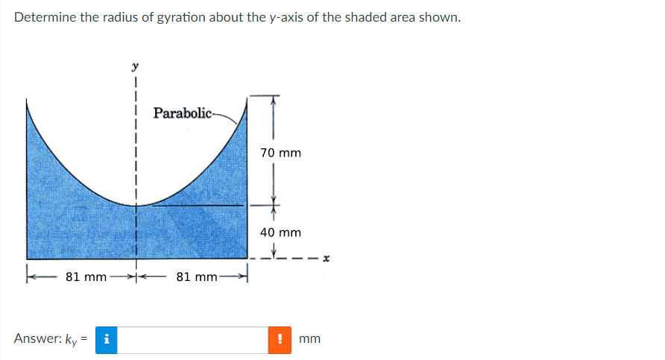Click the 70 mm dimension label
pos(280,153)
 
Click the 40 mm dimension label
pos(280,233)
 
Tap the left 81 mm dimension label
pos(86,277)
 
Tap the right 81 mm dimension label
pos(197,277)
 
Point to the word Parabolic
pos(182,113)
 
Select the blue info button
pos(107,339)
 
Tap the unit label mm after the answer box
pos(309,339)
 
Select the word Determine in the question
pos(42,17)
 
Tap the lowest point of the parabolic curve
pos(136,204)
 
